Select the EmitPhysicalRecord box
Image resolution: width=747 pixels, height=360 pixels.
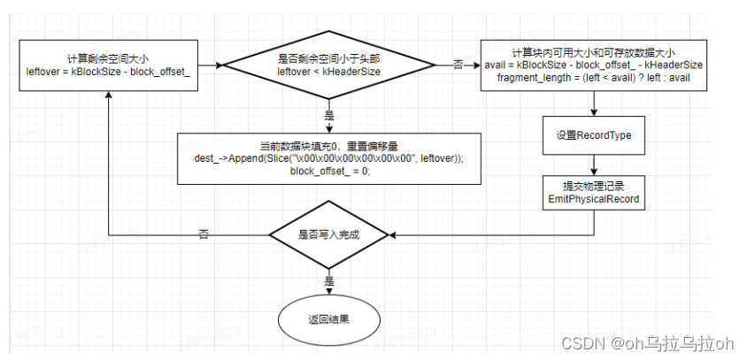click(593, 194)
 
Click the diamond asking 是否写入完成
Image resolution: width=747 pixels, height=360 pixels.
click(328, 235)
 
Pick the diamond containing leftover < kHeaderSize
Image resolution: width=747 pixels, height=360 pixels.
click(328, 65)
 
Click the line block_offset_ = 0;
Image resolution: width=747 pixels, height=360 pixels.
click(329, 171)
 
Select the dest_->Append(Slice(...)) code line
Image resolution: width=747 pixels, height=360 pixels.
click(329, 157)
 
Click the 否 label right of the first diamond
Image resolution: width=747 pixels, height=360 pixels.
click(458, 65)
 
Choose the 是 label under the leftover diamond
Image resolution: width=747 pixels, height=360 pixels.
click(329, 115)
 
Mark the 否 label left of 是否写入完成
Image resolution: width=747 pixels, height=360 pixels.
click(204, 235)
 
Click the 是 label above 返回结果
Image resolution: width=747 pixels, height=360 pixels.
click(329, 280)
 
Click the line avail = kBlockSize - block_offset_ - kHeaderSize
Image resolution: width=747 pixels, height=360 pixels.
click(594, 65)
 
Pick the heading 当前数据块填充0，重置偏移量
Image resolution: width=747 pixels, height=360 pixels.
click(329, 145)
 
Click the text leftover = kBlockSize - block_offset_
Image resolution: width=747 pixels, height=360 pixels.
click(107, 71)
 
